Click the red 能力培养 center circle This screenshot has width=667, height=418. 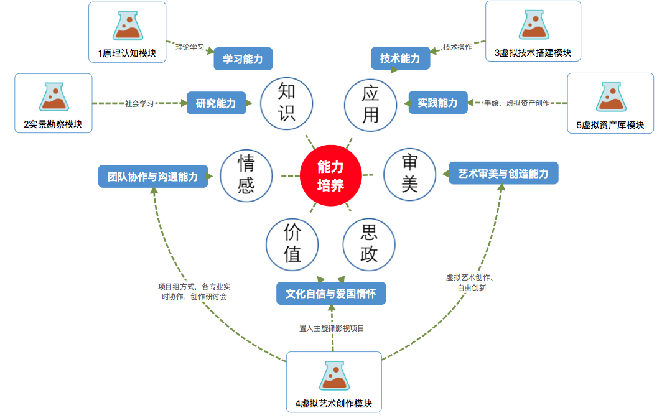(330, 175)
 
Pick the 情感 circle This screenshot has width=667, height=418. (246, 176)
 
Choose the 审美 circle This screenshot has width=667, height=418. (410, 175)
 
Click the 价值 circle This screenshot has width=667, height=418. (292, 244)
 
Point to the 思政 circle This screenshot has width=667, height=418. (369, 244)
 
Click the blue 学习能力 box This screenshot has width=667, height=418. (243, 60)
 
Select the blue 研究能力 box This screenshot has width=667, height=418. (216, 103)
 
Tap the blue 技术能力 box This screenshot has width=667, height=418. (400, 59)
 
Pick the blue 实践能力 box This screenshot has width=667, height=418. (437, 103)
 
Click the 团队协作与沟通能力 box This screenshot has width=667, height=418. (153, 177)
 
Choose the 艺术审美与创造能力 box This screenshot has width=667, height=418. (503, 174)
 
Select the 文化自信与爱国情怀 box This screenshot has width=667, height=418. (330, 294)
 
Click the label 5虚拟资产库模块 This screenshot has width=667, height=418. (610, 125)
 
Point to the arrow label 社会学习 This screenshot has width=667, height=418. (139, 103)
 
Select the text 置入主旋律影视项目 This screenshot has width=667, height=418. (332, 328)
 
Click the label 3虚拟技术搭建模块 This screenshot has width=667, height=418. (533, 53)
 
